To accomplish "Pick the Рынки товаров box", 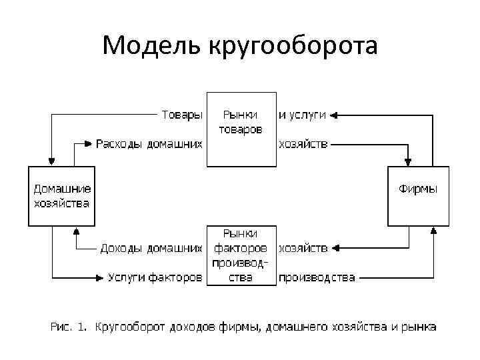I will [x=241, y=129].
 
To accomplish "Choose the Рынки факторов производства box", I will [x=241, y=255].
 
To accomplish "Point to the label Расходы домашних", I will [x=148, y=143].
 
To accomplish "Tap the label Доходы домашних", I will [x=151, y=249].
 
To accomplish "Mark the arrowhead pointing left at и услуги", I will [x=334, y=115].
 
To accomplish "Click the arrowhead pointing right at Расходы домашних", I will [x=88, y=143].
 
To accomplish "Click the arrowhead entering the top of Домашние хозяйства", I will [x=52, y=162].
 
